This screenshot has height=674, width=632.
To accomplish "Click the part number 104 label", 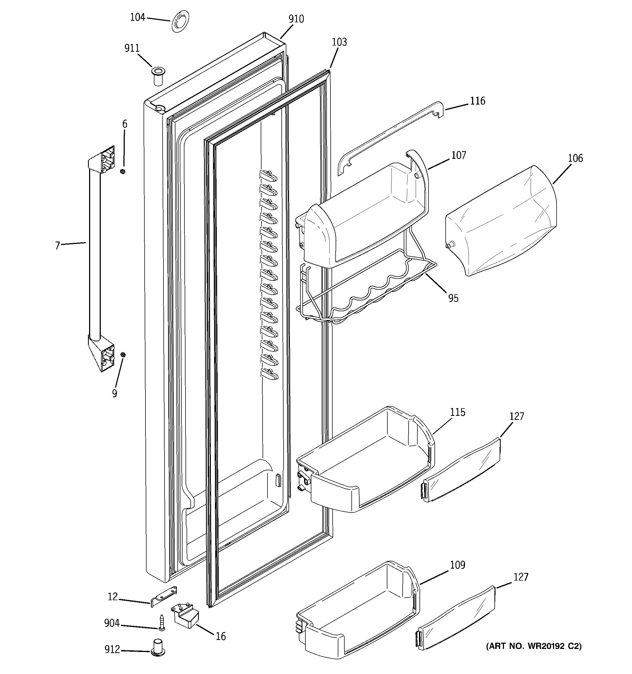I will pyautogui.click(x=137, y=17).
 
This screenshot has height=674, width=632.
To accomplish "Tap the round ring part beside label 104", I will pyautogui.click(x=180, y=22).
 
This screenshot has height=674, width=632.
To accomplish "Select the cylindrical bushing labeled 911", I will pyautogui.click(x=157, y=77).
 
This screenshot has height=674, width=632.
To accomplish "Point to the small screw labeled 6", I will pyautogui.click(x=123, y=172).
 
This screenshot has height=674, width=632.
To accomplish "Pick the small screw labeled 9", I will pyautogui.click(x=123, y=355).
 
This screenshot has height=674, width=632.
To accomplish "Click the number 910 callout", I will pyautogui.click(x=296, y=19).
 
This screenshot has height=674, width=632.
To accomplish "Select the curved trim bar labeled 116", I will pyautogui.click(x=390, y=136).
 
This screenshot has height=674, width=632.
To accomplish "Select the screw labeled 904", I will pyautogui.click(x=162, y=623).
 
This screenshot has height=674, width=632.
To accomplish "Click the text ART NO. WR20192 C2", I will pyautogui.click(x=534, y=646).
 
